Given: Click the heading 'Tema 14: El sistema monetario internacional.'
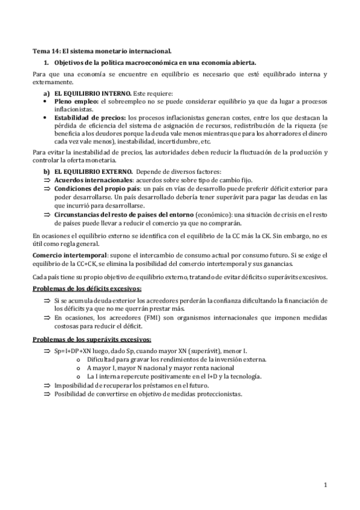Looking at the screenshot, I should click(103, 52).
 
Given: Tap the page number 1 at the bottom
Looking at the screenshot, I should click(325, 485).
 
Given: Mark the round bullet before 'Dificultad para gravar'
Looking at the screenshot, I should click(80, 359).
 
